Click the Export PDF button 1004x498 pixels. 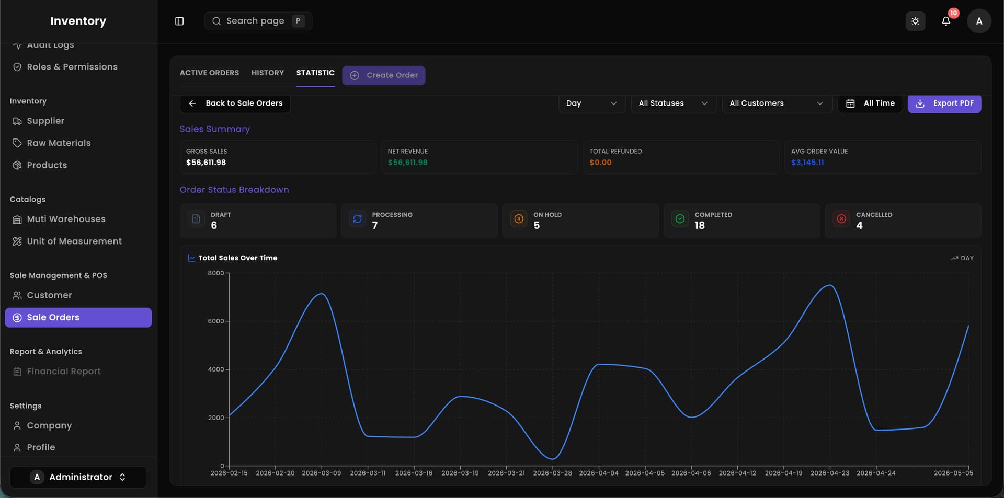pyautogui.click(x=944, y=103)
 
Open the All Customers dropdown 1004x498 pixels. pyautogui.click(x=777, y=103)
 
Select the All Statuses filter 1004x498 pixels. pyautogui.click(x=674, y=103)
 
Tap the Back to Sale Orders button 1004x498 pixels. pyautogui.click(x=235, y=103)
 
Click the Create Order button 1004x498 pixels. pyautogui.click(x=383, y=75)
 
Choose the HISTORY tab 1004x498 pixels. pyautogui.click(x=268, y=73)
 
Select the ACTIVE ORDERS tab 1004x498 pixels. pyautogui.click(x=209, y=73)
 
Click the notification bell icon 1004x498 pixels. pyautogui.click(x=946, y=21)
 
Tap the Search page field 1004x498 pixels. pyautogui.click(x=258, y=21)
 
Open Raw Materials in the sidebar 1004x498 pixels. pyautogui.click(x=59, y=143)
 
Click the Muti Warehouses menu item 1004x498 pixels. pyautogui.click(x=66, y=219)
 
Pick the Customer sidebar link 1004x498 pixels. pyautogui.click(x=49, y=295)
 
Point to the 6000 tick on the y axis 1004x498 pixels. pyautogui.click(x=216, y=321)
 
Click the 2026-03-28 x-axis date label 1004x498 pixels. pyautogui.click(x=552, y=473)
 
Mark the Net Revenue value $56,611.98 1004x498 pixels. pyautogui.click(x=407, y=163)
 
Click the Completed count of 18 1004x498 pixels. pyautogui.click(x=700, y=225)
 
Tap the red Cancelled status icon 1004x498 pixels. pyautogui.click(x=841, y=219)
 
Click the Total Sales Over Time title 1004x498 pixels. pyautogui.click(x=238, y=258)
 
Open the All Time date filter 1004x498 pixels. pyautogui.click(x=870, y=103)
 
